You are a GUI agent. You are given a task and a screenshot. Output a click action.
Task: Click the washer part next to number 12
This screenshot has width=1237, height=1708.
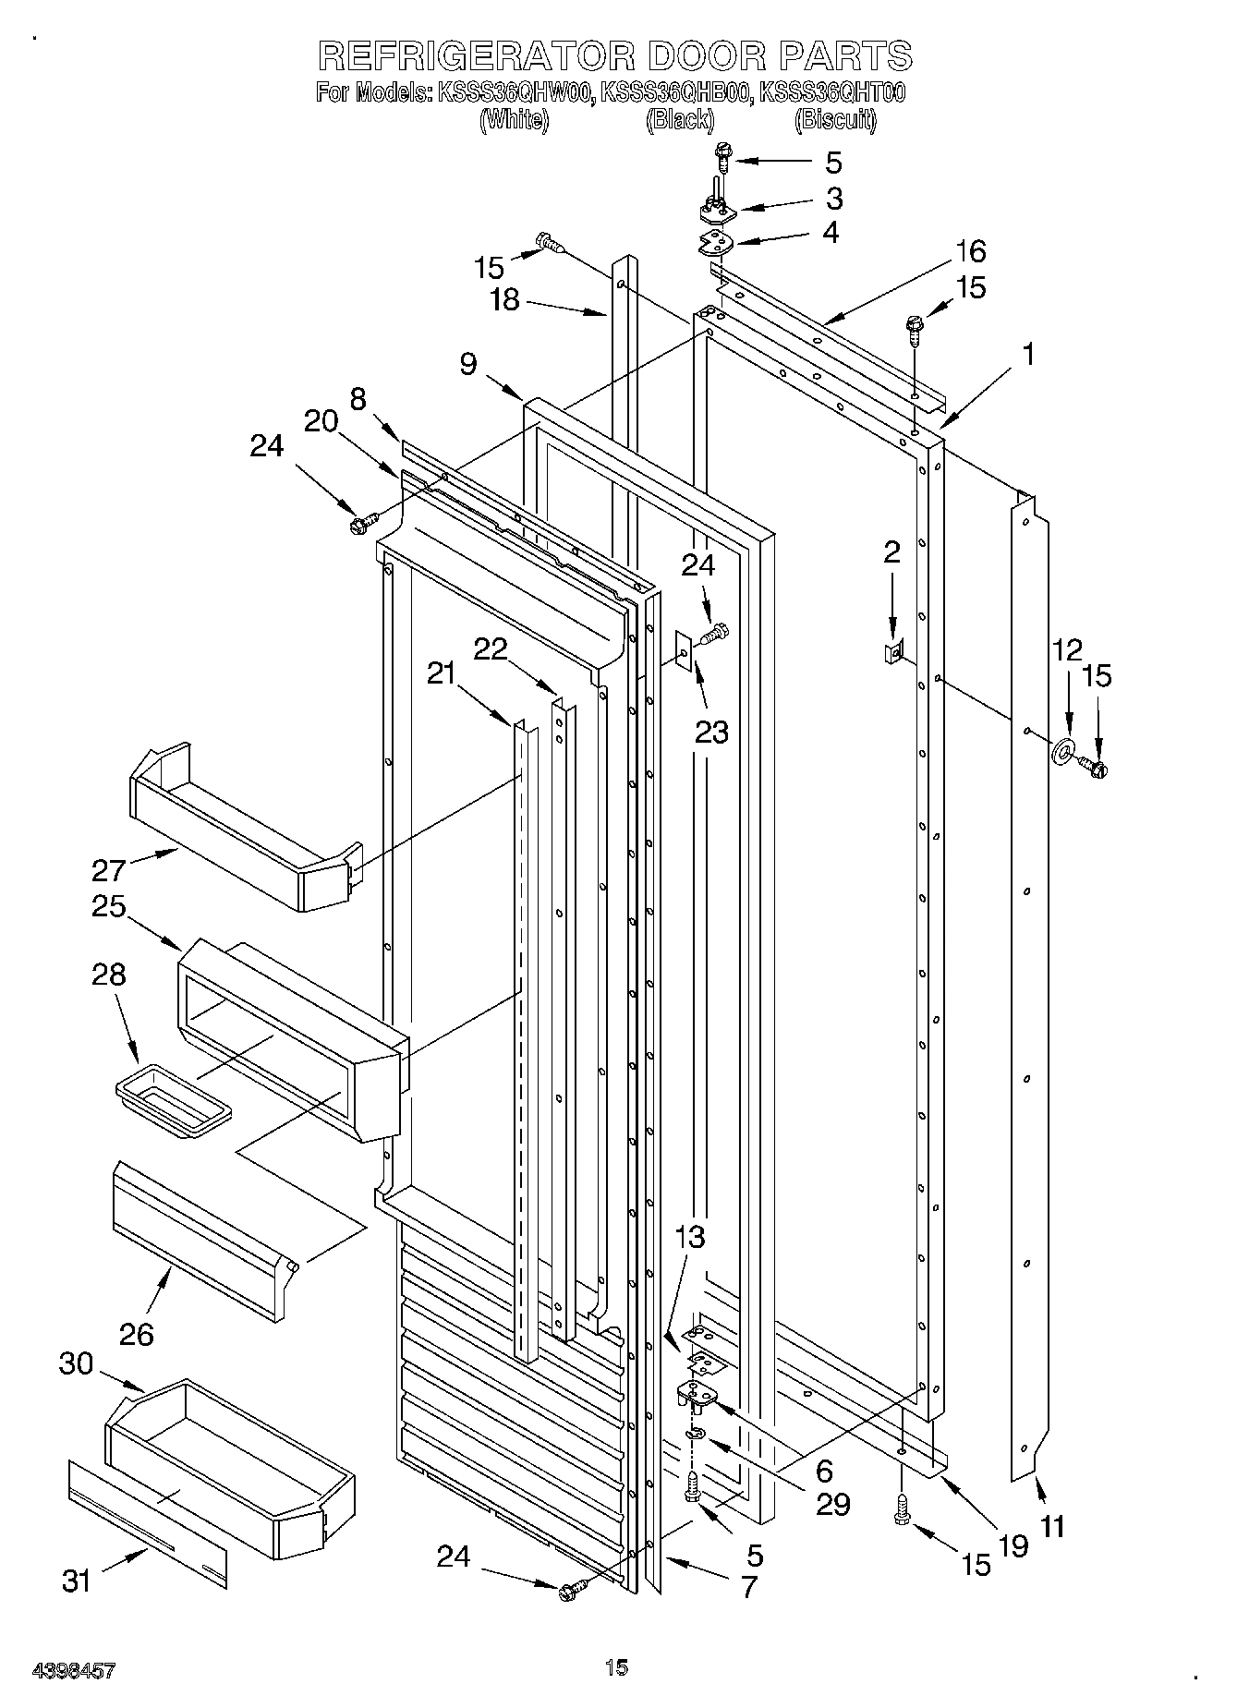[1064, 751]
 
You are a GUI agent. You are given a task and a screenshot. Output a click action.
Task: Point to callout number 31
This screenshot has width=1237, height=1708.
[78, 1581]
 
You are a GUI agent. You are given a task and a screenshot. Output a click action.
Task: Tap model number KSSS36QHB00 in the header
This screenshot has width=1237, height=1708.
[675, 92]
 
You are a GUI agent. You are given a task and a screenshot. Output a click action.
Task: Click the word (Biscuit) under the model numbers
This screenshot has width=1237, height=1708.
[834, 120]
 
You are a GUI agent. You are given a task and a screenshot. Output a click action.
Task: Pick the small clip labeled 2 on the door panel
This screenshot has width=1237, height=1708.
[892, 653]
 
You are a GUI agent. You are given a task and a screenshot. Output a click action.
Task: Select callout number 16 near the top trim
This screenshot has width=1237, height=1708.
[970, 251]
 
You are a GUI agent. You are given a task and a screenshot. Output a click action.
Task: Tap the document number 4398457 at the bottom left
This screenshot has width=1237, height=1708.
[74, 1669]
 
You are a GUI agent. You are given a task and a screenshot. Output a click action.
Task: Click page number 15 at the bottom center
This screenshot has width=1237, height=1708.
[616, 1667]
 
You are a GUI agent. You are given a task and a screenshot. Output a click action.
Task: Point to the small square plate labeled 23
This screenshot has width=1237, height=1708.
[683, 652]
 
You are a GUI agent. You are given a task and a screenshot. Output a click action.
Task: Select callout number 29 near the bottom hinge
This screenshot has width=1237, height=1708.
[832, 1505]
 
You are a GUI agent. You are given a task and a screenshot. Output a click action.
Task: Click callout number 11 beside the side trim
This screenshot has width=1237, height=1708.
[1052, 1525]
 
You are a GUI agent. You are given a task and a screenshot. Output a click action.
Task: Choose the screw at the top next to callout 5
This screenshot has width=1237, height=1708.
[722, 159]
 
